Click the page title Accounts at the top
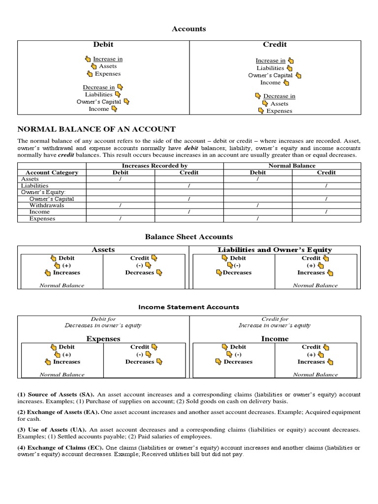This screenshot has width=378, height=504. click(x=189, y=29)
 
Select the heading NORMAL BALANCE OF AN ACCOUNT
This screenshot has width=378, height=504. click(x=96, y=129)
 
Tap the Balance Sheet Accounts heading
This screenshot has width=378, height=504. click(x=189, y=237)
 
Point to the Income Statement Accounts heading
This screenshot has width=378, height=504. click(x=189, y=307)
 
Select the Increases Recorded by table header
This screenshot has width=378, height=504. click(x=155, y=166)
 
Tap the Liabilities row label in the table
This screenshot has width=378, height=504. click(x=35, y=186)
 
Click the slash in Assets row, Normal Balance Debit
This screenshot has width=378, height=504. click(x=258, y=179)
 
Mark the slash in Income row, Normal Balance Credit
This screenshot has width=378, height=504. click(x=326, y=212)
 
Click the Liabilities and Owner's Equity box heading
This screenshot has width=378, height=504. click(x=275, y=250)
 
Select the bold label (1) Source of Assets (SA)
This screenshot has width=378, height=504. click(x=56, y=395)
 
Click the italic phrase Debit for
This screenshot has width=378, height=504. click(x=103, y=319)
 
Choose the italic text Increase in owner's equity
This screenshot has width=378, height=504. click(x=275, y=325)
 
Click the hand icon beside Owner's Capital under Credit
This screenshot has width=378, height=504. click(x=298, y=75)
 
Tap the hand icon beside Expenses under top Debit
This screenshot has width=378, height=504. click(x=90, y=74)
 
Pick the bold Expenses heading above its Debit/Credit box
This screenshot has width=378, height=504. click(x=103, y=339)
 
